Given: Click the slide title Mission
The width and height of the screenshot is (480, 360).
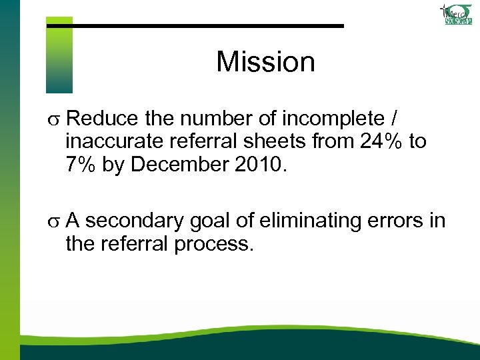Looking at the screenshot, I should pyautogui.click(x=265, y=62).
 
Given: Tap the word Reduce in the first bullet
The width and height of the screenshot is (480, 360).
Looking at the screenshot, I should pyautogui.click(x=99, y=119).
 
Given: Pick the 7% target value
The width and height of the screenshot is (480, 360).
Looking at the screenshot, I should pyautogui.click(x=81, y=165).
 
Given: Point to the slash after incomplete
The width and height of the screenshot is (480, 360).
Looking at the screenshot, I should pyautogui.click(x=397, y=119).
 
